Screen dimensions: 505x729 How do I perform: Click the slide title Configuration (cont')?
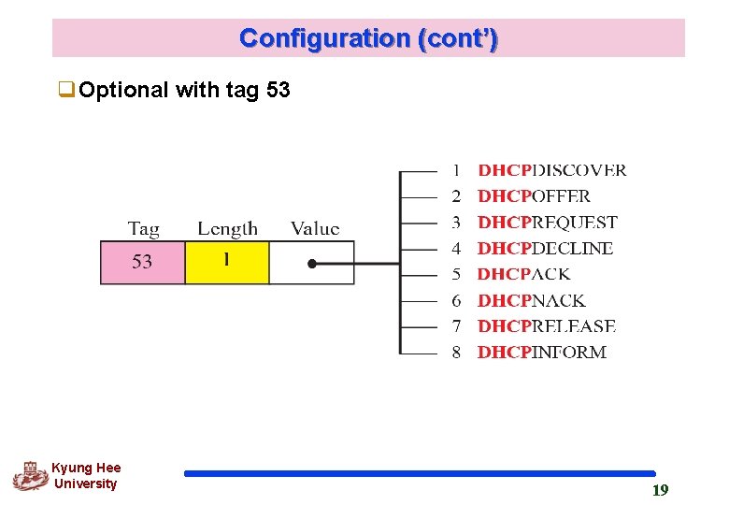click(368, 38)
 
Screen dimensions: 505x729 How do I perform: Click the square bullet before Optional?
click(66, 91)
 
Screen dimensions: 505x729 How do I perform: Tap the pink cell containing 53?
click(142, 262)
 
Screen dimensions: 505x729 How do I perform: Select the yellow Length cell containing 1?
click(227, 262)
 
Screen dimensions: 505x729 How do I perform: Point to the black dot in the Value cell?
click(312, 264)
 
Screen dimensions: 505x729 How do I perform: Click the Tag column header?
click(143, 228)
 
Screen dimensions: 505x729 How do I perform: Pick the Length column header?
click(227, 228)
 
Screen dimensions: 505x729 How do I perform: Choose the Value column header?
click(315, 228)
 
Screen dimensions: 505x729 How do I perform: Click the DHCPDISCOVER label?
click(551, 170)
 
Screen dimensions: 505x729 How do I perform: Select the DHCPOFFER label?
click(534, 196)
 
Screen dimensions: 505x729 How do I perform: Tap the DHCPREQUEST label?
click(547, 223)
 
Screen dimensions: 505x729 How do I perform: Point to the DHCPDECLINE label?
click(545, 249)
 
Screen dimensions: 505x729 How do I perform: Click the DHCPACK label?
click(523, 274)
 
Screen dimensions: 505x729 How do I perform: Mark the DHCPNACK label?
click(531, 300)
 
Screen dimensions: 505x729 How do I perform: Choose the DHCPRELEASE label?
click(546, 326)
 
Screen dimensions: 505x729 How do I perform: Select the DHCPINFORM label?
click(541, 353)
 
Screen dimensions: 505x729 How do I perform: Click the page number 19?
click(660, 490)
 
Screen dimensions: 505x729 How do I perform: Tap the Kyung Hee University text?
click(86, 476)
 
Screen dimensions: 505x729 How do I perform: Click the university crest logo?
click(30, 476)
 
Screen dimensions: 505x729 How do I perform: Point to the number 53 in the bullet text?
click(278, 91)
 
